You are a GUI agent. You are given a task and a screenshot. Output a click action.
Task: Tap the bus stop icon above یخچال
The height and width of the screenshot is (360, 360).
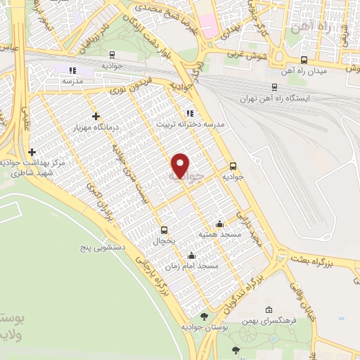(165, 229)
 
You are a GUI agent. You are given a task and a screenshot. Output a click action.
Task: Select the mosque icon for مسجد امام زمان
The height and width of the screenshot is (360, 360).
(191, 256)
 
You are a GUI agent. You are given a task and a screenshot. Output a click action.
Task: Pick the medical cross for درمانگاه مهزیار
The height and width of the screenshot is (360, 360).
(96, 116)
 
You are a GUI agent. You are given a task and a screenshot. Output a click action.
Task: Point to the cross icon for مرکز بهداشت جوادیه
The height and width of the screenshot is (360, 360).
(32, 152)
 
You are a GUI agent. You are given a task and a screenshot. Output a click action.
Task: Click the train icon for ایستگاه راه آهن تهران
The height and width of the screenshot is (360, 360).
(274, 88)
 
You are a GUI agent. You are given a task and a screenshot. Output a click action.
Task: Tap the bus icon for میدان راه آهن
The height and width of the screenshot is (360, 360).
(304, 60)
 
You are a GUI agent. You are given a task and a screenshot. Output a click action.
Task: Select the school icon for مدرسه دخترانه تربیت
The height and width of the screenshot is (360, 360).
(190, 112)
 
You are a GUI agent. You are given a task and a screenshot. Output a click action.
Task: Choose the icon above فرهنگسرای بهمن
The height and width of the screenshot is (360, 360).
(269, 309)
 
